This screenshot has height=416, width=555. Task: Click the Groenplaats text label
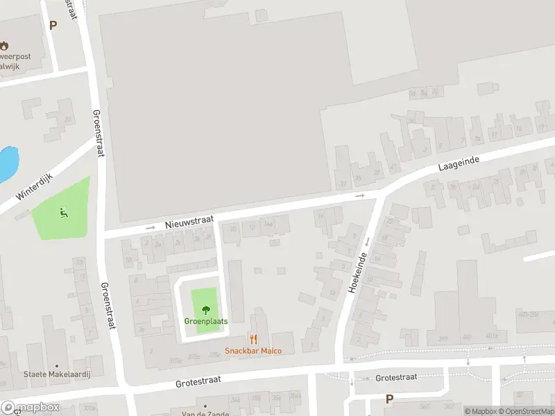[x=205, y=321]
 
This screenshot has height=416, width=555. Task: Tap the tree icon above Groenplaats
[x=205, y=310]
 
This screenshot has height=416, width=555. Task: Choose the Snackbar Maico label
[x=253, y=351]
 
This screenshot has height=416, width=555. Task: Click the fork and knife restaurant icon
[x=254, y=339]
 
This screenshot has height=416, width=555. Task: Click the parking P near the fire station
[x=53, y=25]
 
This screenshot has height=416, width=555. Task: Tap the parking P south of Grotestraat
[x=389, y=399]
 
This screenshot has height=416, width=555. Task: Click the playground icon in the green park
[x=64, y=212]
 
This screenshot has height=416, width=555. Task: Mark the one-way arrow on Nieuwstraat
[x=151, y=227]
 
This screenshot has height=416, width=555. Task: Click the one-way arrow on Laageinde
[x=360, y=196]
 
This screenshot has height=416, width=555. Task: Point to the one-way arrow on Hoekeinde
[x=366, y=241]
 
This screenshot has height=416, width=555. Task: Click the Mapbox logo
[x=31, y=408]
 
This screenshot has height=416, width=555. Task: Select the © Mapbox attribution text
[x=481, y=411]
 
